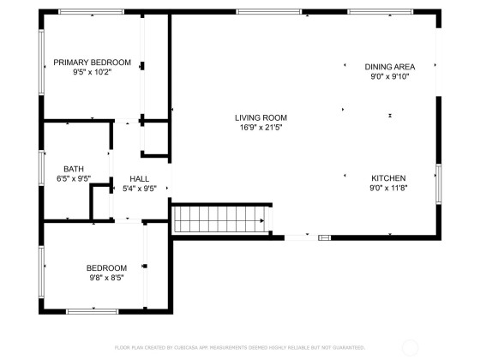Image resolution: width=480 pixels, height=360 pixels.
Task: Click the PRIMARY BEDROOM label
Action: pos(93,63)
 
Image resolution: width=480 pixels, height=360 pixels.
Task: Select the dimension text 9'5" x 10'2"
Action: pos(93,72)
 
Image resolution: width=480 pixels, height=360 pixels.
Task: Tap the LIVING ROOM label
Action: pos(261,118)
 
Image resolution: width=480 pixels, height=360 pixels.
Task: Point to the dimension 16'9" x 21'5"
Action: pos(261,128)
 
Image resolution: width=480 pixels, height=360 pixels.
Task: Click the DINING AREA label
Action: pos(390,67)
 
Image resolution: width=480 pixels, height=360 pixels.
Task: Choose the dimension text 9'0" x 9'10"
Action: pos(390,76)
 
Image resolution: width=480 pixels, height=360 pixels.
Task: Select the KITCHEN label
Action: pos(388,178)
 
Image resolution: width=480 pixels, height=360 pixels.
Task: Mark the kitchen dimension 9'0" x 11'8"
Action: pos(388,188)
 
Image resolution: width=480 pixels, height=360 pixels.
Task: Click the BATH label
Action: pos(74,169)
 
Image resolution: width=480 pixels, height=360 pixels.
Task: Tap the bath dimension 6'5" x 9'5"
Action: pos(74,178)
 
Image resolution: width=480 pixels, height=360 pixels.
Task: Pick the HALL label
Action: pos(140,179)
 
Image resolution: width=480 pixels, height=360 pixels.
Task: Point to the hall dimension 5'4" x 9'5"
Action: pos(140,189)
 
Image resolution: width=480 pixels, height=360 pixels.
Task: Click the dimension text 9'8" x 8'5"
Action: pos(106,278)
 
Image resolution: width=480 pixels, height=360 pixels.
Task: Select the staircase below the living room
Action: pos(219,219)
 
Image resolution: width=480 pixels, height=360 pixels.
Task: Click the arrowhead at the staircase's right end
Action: pos(262,221)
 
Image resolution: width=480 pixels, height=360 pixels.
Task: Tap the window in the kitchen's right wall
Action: pos(439,184)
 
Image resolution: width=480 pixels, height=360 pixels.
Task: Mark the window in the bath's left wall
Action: pos(41,168)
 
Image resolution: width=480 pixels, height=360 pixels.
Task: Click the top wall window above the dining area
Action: pos(381,12)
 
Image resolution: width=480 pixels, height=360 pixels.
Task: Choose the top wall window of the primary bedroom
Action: pos(92,12)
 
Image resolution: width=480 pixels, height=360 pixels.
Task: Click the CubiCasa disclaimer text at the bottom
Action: pos(240,347)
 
